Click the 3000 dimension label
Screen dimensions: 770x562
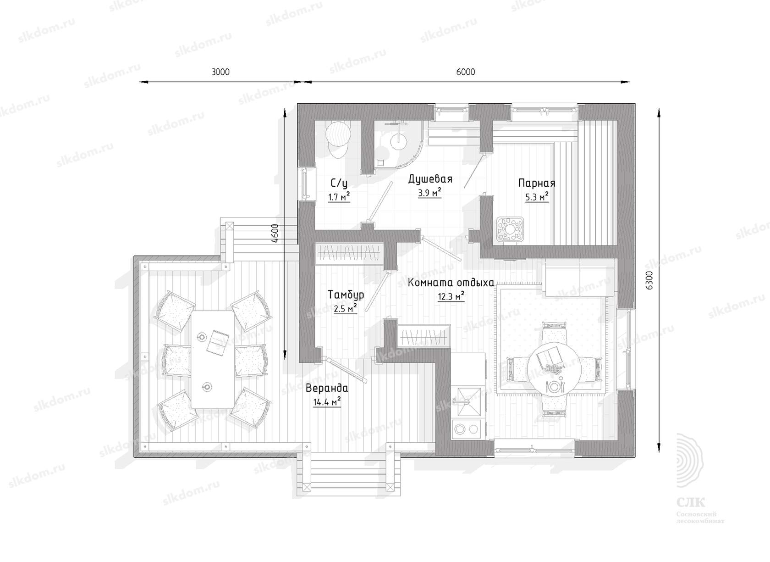coord(220,72)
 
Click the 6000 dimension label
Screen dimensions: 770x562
coord(466,72)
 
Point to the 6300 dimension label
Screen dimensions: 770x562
coord(649,281)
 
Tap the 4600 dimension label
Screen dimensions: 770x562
coord(275,234)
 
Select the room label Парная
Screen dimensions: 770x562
coord(537,183)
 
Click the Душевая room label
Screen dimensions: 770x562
coord(430,179)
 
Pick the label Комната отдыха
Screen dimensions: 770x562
coord(451,283)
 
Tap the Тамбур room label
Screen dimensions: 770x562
coord(346,295)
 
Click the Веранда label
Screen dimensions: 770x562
coord(327,389)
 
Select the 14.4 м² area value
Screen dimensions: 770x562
coord(327,401)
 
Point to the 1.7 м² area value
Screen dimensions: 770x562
coord(339,197)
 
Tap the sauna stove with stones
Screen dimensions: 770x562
coord(510,229)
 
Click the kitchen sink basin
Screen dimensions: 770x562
coord(468,401)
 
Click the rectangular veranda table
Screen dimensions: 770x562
coord(213,359)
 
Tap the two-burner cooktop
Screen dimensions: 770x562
coord(468,429)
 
